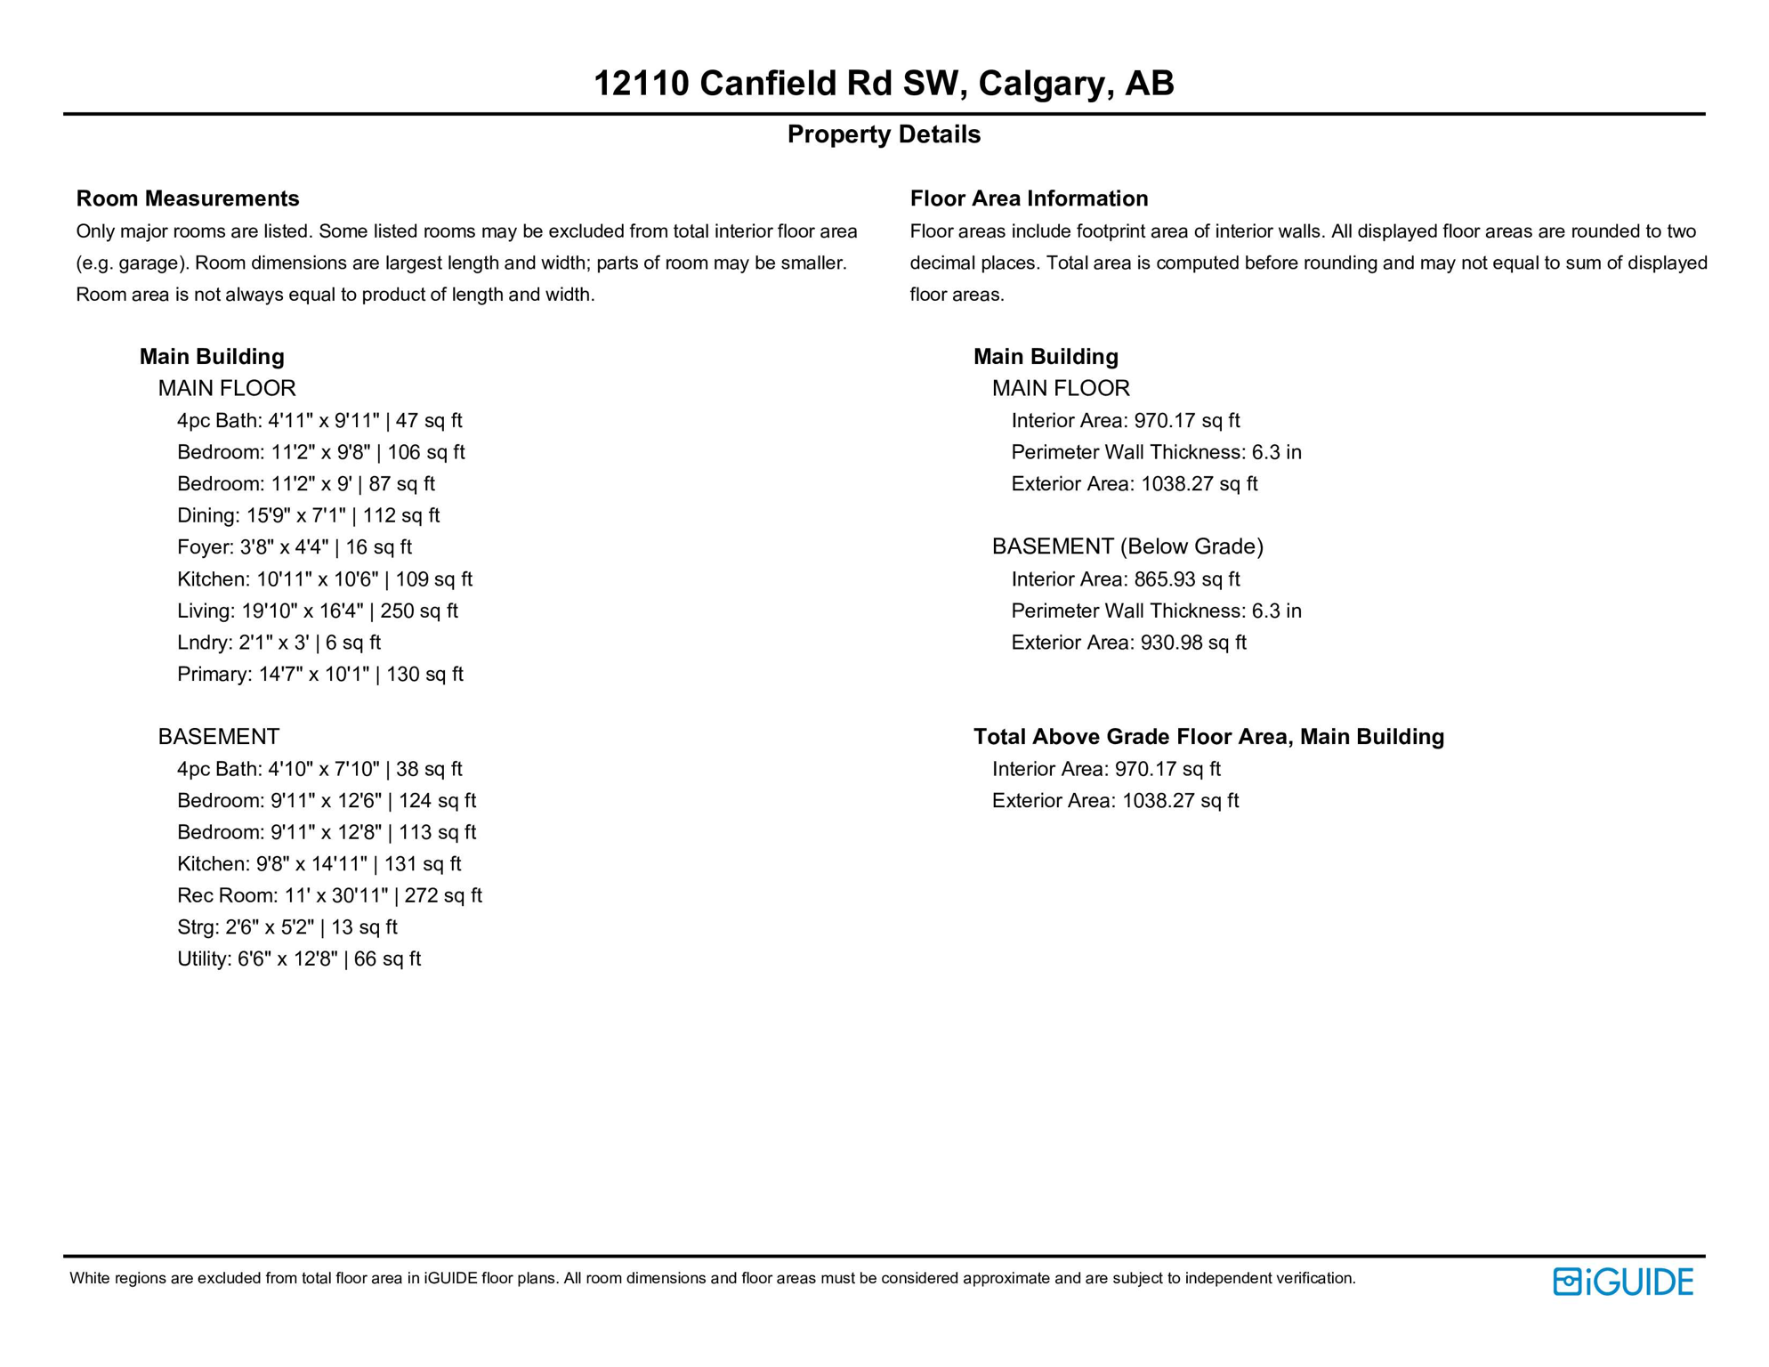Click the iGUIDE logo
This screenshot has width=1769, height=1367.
(x=1622, y=1282)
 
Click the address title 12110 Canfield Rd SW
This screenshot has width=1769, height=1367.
(x=883, y=84)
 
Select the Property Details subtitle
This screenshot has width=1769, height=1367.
(x=883, y=134)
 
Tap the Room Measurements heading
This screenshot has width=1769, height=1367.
(x=188, y=198)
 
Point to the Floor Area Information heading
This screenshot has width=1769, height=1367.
(x=1029, y=198)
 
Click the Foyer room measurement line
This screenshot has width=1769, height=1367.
(x=294, y=547)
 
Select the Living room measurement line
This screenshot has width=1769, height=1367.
(x=317, y=611)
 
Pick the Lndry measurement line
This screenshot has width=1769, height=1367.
(x=279, y=643)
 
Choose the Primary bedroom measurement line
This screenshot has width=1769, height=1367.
(x=319, y=675)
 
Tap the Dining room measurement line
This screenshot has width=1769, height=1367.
(x=308, y=515)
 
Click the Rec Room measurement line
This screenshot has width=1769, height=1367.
(x=329, y=895)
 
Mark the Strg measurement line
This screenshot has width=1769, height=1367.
(x=287, y=927)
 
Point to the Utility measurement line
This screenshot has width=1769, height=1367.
(x=298, y=959)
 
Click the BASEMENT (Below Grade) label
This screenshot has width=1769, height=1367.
(x=1127, y=546)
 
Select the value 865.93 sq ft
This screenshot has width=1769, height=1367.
(x=1186, y=579)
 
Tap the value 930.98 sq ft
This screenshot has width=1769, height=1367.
(x=1193, y=643)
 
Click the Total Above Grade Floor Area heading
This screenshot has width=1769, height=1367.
(x=1208, y=737)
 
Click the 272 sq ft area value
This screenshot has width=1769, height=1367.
(x=443, y=895)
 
